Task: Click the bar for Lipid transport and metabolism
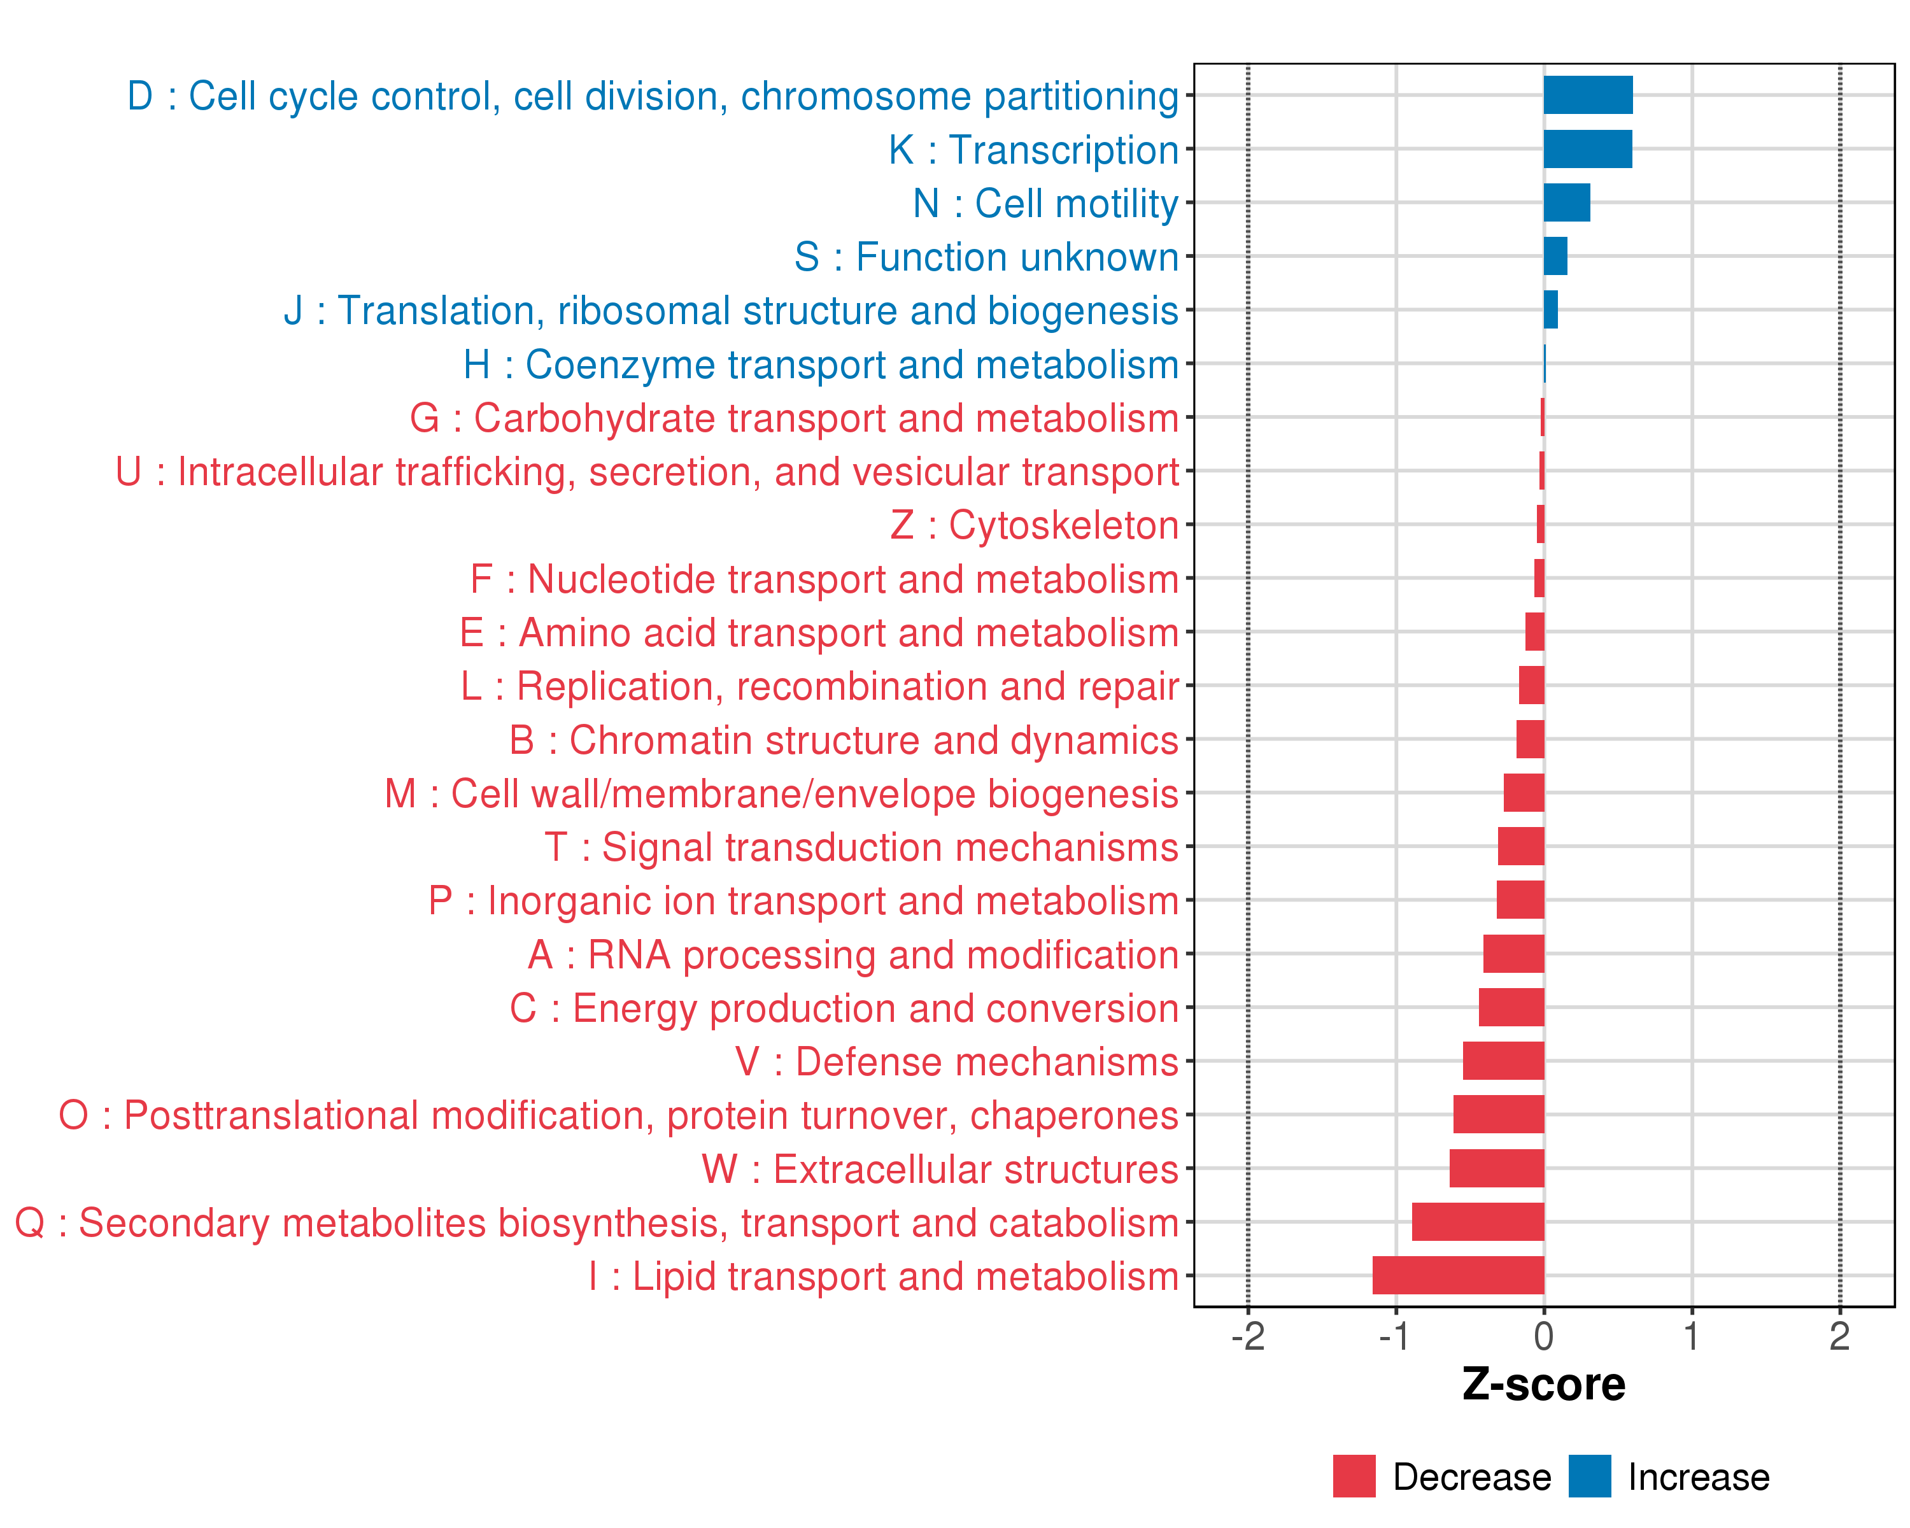pyautogui.click(x=1458, y=1275)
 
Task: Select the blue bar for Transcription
pyautogui.click(x=1588, y=149)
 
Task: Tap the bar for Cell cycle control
pyautogui.click(x=1588, y=95)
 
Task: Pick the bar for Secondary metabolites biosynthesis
pyautogui.click(x=1478, y=1222)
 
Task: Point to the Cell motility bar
pyautogui.click(x=1566, y=203)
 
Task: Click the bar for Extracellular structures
pyautogui.click(x=1496, y=1168)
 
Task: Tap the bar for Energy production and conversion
pyautogui.click(x=1511, y=1007)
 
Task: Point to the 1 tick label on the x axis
pyautogui.click(x=1691, y=1336)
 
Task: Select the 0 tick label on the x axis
pyautogui.click(x=1543, y=1336)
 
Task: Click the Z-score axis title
pyautogui.click(x=1543, y=1385)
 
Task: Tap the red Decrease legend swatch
pyautogui.click(x=1354, y=1476)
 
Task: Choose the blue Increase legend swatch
pyautogui.click(x=1589, y=1476)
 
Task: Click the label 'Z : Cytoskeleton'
pyautogui.click(x=1034, y=525)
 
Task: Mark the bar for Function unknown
pyautogui.click(x=1555, y=256)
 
